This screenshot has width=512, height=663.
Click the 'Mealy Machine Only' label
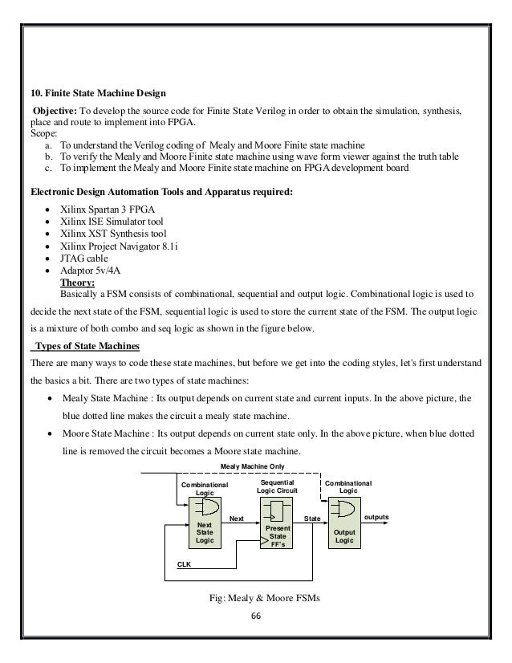253,466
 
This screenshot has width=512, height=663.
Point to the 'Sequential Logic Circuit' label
276,486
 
